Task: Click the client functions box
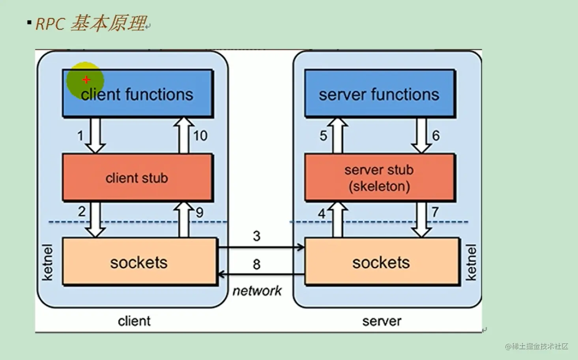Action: pyautogui.click(x=137, y=94)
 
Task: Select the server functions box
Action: pyautogui.click(x=379, y=94)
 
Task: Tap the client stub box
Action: pyautogui.click(x=137, y=178)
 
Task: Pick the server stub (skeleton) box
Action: pyautogui.click(x=379, y=178)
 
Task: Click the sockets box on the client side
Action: pyautogui.click(x=139, y=261)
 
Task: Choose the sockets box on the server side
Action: pyautogui.click(x=382, y=261)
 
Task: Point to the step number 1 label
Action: pyautogui.click(x=80, y=136)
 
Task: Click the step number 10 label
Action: pyautogui.click(x=200, y=136)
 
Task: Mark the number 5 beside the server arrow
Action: pyautogui.click(x=323, y=136)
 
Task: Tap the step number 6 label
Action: pyautogui.click(x=436, y=136)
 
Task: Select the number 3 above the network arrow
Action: pyautogui.click(x=256, y=236)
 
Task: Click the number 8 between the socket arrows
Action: pyautogui.click(x=256, y=264)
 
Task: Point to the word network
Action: pyautogui.click(x=257, y=291)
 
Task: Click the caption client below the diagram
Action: pyautogui.click(x=134, y=321)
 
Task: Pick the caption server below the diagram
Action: pyautogui.click(x=382, y=321)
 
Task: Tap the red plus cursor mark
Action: pyautogui.click(x=86, y=80)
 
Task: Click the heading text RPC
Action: pyautogui.click(x=50, y=24)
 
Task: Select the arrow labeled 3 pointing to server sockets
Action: pyautogui.click(x=261, y=247)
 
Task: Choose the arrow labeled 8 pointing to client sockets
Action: pyautogui.click(x=261, y=274)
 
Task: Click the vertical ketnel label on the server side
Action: pyautogui.click(x=471, y=262)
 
